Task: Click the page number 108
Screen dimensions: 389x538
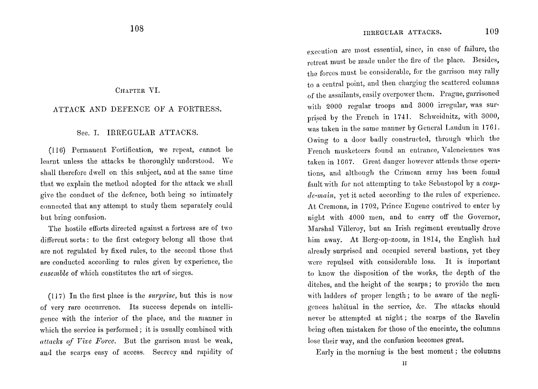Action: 137,29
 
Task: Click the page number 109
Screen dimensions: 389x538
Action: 492,32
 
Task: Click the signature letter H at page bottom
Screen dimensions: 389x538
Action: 404,363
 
